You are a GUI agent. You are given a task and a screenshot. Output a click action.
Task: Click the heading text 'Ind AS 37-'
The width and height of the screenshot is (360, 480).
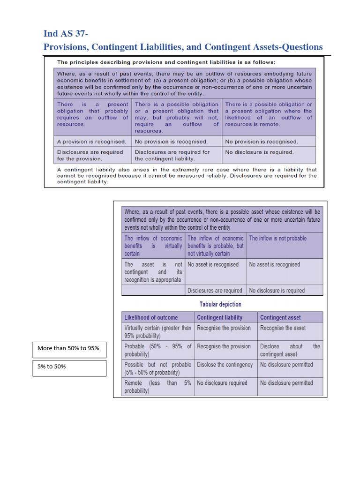66,33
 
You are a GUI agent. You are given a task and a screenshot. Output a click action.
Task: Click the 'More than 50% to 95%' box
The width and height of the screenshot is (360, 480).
68,348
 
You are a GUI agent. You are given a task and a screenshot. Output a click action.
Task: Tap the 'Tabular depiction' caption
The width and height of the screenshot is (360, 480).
220,304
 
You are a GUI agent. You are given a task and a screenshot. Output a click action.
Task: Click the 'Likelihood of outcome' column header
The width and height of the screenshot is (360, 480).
151,317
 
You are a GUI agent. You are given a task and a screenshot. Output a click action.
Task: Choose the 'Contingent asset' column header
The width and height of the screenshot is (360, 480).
280,317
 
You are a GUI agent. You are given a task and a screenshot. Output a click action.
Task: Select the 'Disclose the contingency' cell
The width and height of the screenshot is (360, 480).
225,365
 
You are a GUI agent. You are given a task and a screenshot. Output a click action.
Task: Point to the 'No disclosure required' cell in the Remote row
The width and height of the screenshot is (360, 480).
222,383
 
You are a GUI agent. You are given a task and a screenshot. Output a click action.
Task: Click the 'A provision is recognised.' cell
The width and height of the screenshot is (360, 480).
92,142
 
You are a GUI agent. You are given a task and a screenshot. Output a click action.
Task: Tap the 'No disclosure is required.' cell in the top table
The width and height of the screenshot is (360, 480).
259,152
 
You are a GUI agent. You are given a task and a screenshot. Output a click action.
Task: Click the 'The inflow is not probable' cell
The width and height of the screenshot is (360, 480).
278,238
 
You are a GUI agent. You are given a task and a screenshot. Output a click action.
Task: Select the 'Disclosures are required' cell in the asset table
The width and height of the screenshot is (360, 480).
215,291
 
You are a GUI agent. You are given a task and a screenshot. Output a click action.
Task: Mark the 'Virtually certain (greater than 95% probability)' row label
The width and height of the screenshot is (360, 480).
157,332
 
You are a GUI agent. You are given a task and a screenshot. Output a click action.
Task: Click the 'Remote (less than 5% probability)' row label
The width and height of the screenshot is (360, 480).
157,387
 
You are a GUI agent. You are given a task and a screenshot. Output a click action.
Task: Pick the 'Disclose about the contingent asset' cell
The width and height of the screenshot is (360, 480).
290,350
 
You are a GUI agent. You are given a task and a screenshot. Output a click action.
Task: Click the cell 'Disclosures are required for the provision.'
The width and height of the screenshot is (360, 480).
90,155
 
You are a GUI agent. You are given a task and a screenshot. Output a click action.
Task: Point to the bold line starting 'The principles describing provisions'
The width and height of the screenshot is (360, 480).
166,62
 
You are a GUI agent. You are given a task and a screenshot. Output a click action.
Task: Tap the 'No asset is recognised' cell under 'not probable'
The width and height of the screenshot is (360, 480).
274,264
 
